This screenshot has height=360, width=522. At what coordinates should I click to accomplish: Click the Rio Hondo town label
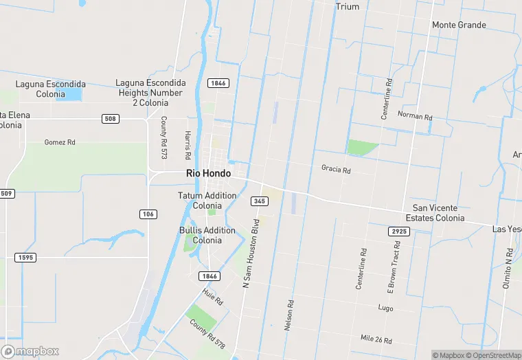tap(208, 174)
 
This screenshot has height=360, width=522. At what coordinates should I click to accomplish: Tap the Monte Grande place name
tap(459, 25)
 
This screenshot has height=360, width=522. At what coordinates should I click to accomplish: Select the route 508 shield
tap(111, 119)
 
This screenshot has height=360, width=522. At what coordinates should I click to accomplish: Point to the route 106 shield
tap(148, 214)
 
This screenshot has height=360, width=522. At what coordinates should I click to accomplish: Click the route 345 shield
tap(259, 201)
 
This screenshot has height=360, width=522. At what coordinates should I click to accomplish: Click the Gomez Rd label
tap(59, 142)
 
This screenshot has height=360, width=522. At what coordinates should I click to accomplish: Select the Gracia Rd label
tap(336, 169)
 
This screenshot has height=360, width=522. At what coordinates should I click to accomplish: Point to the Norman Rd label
tap(415, 116)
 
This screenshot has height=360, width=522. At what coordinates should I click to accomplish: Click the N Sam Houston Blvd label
tap(251, 252)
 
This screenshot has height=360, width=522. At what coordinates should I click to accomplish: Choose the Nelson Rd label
tap(291, 315)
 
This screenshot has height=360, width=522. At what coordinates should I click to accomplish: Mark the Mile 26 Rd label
tap(376, 339)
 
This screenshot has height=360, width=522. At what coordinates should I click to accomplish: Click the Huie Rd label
tap(213, 297)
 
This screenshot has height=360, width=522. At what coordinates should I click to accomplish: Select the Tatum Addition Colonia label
tap(207, 201)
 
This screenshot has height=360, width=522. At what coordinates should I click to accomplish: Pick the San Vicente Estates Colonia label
tap(435, 213)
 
